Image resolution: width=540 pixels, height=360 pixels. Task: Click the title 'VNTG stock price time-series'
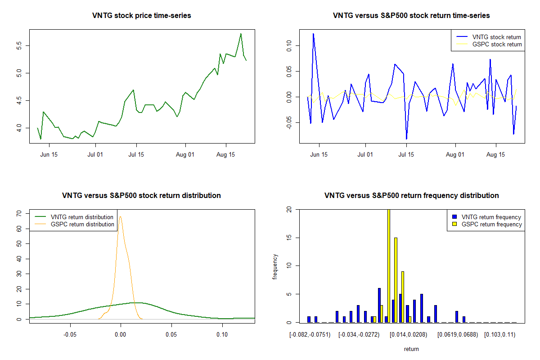point(141,16)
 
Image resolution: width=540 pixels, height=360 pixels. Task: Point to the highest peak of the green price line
point(241,34)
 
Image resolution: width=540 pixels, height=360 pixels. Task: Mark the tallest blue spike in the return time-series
point(313,34)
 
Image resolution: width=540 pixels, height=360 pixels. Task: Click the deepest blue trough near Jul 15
point(406,138)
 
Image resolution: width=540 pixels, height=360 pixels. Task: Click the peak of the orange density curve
point(120,217)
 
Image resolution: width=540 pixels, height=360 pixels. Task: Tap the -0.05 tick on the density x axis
point(70,335)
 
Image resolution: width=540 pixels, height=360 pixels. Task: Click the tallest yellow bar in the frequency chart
point(388,265)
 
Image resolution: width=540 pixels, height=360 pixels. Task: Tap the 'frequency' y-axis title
point(275,266)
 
